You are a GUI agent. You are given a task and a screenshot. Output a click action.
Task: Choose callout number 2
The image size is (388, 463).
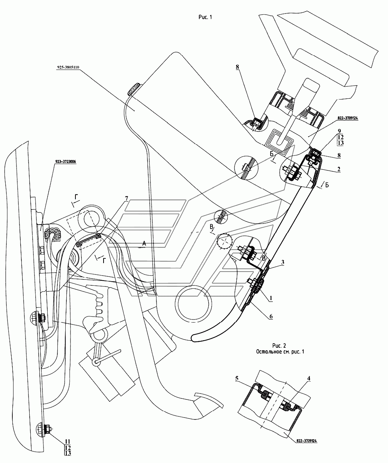[x=338, y=169]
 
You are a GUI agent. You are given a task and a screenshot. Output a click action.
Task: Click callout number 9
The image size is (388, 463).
[x=339, y=131]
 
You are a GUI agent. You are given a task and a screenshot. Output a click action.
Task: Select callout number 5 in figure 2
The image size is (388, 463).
[x=237, y=379]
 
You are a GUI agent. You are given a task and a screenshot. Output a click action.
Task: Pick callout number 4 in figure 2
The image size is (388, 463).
[x=308, y=379]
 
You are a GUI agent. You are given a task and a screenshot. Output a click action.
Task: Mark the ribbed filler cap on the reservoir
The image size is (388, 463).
[x=134, y=88]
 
